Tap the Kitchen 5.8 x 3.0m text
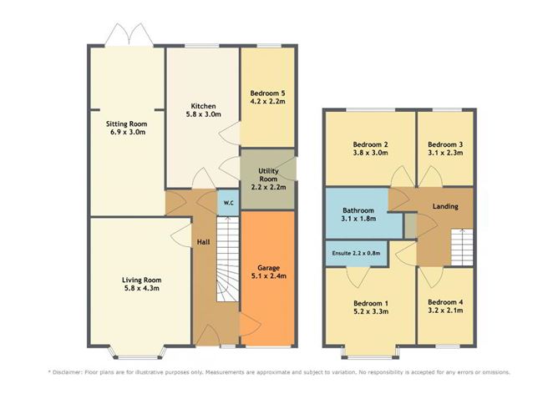click(204, 112)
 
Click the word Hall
click(203, 242)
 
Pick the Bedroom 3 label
click(445, 149)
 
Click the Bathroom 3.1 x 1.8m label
click(358, 215)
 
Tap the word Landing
click(444, 206)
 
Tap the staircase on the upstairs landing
click(461, 247)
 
